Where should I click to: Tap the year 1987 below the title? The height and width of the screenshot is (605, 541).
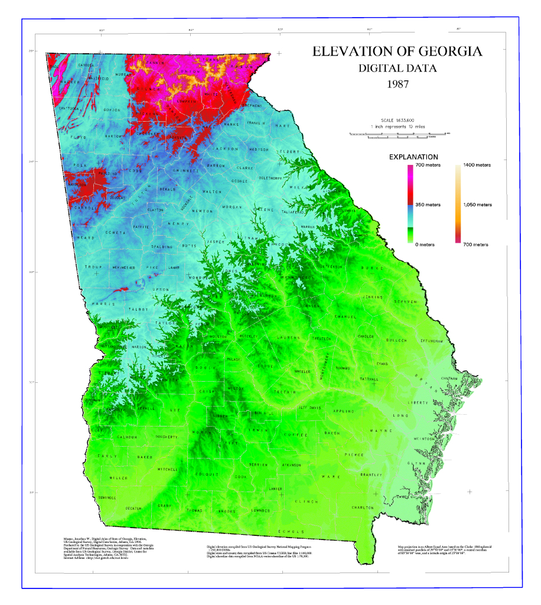click(x=397, y=83)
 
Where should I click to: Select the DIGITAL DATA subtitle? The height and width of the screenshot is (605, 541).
click(x=397, y=68)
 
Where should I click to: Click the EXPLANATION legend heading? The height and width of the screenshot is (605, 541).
click(x=413, y=157)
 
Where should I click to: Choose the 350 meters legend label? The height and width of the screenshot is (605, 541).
click(x=428, y=204)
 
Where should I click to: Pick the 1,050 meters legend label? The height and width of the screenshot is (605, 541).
click(x=477, y=204)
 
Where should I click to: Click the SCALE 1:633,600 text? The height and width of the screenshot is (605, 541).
click(x=397, y=119)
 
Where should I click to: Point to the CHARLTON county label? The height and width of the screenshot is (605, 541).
click(x=363, y=508)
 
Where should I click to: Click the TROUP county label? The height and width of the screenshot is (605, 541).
click(x=93, y=267)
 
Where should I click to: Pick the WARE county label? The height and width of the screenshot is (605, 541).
click(x=328, y=476)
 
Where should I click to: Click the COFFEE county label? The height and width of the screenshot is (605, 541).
click(x=292, y=435)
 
